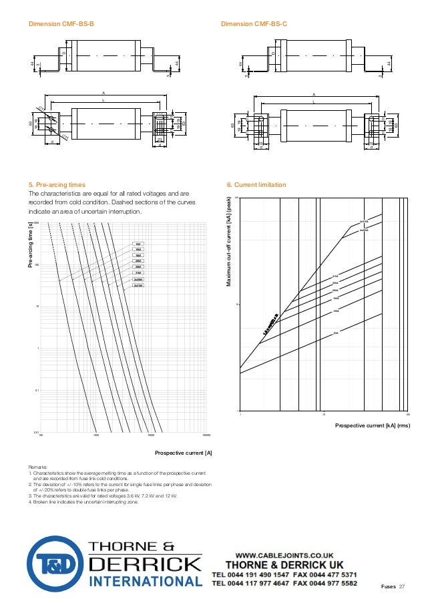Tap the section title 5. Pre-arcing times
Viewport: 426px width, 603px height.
point(57,184)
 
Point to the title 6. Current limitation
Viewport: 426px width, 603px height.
point(256,184)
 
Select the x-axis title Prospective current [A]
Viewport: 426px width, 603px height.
point(184,453)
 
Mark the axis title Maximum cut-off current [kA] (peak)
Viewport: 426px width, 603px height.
point(228,242)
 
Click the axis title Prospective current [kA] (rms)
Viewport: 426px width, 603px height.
point(372,425)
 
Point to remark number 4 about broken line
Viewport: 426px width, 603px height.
point(83,501)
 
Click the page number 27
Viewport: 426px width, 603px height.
point(402,586)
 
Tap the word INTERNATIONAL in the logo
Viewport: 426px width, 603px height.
point(145,582)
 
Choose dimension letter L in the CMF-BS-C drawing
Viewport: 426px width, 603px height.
point(312,102)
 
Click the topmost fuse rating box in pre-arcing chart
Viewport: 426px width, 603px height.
point(138,245)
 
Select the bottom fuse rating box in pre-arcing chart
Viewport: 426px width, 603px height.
point(138,285)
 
